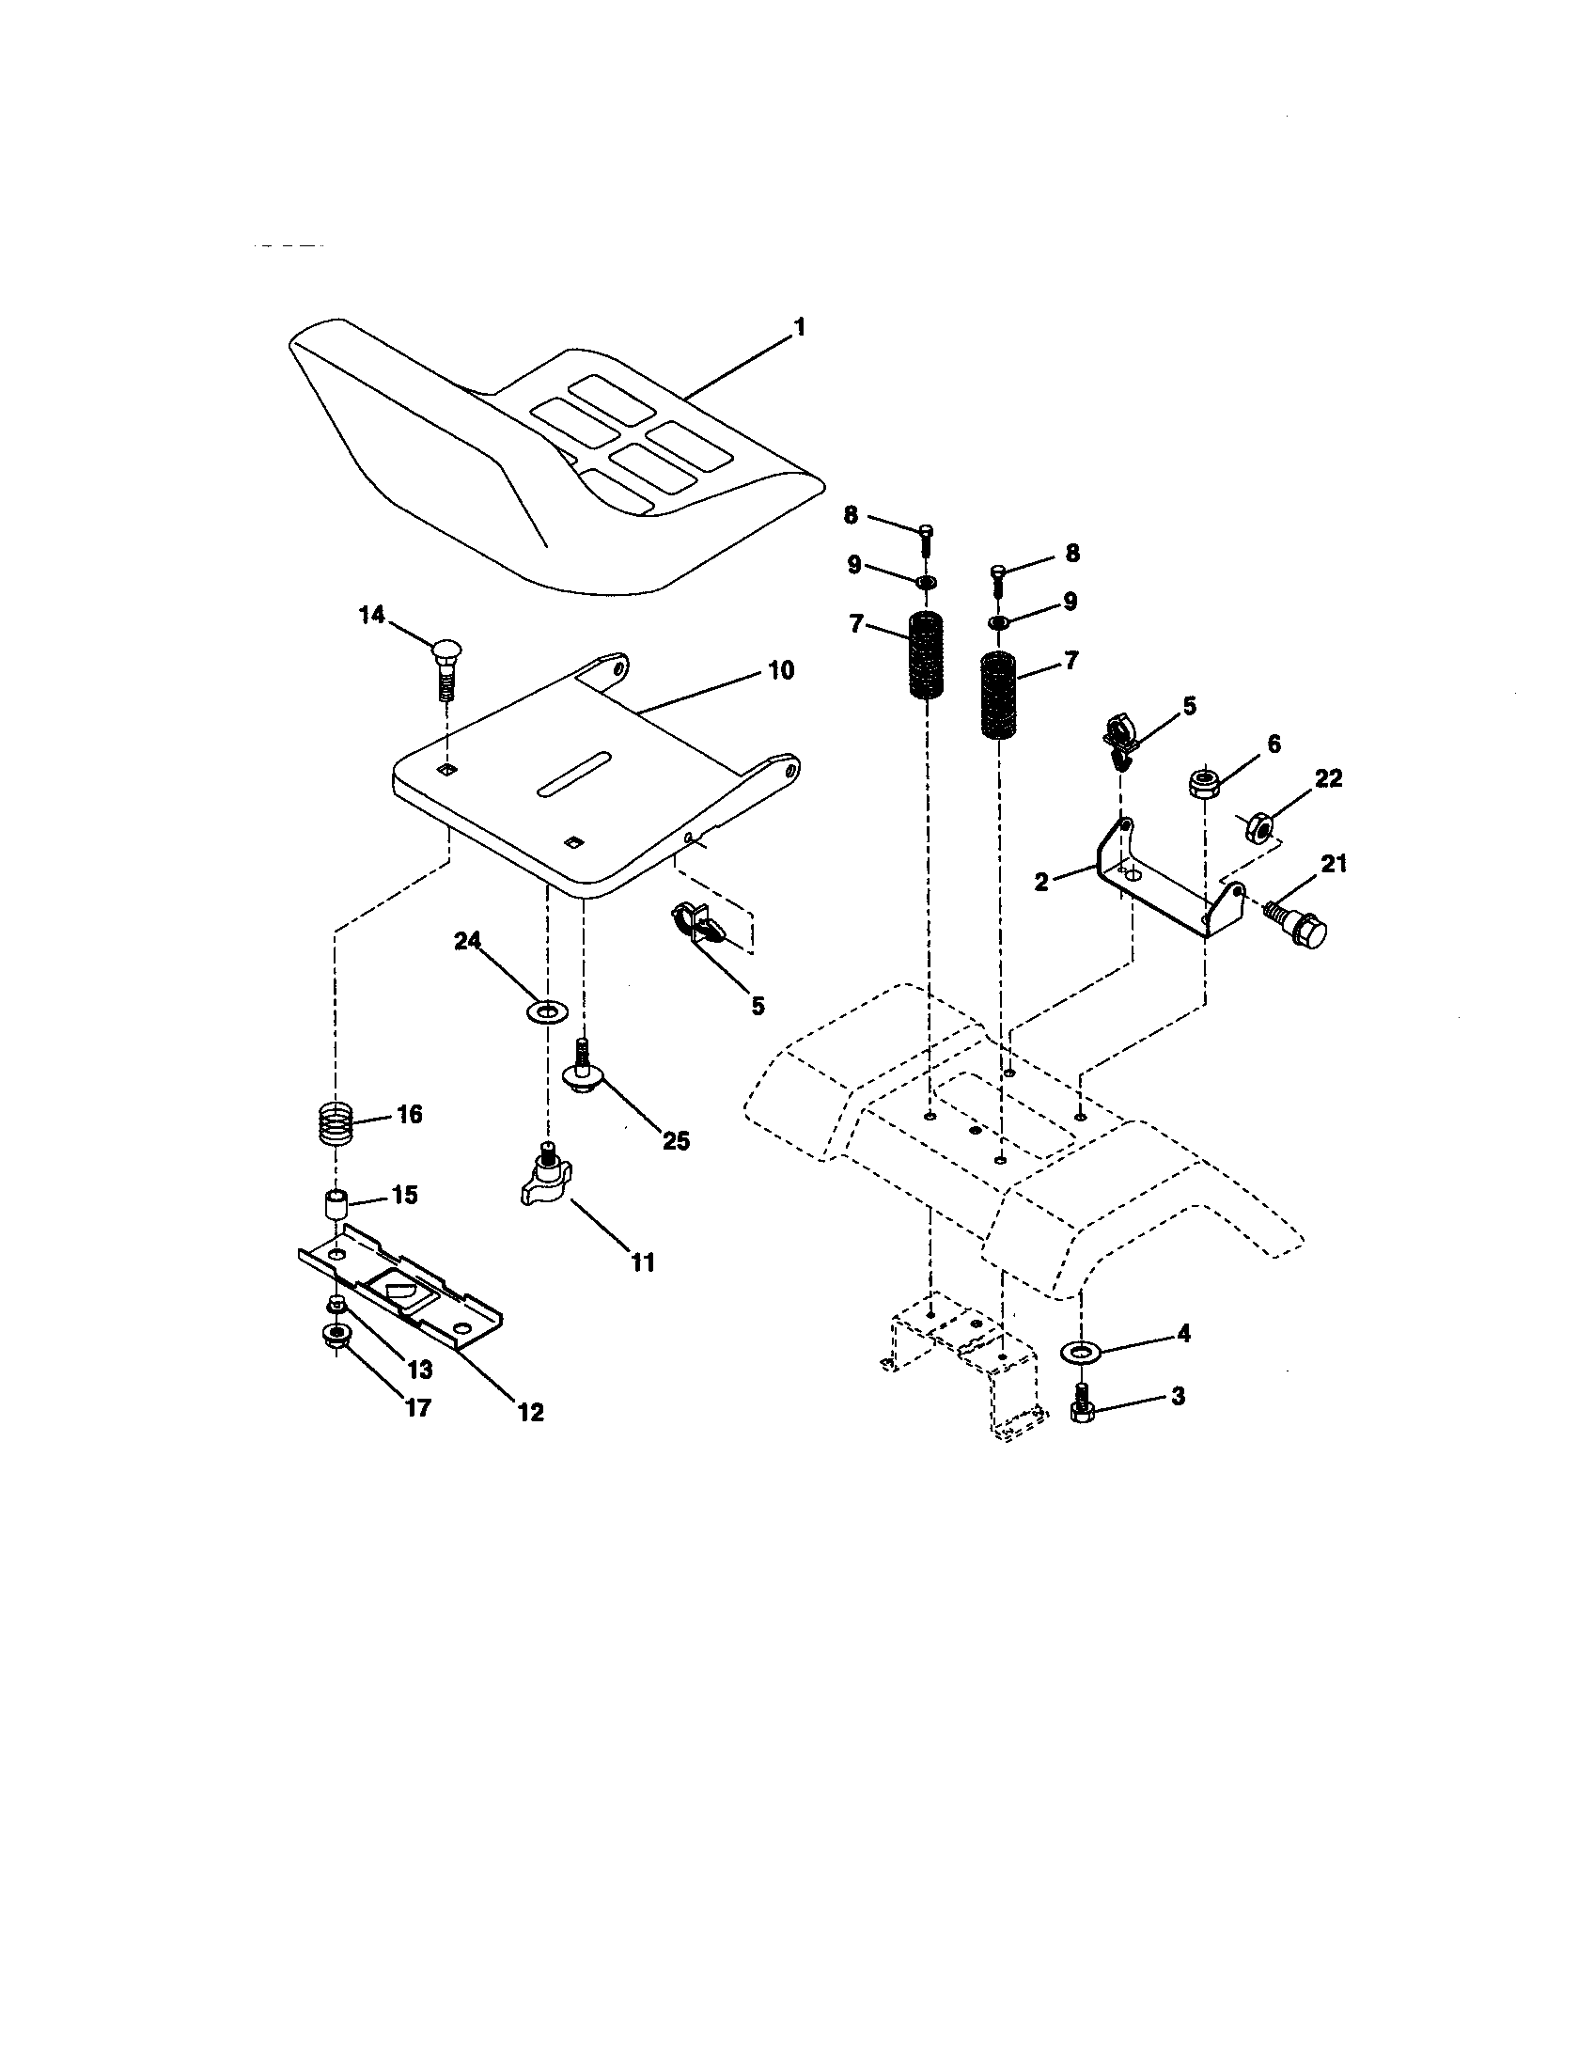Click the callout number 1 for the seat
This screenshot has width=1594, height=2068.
point(799,328)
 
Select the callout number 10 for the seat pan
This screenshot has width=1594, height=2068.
point(780,670)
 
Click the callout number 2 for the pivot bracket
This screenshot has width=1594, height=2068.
point(1041,882)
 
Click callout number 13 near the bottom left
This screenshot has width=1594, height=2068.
point(419,1370)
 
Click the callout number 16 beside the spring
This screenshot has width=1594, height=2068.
point(408,1114)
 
